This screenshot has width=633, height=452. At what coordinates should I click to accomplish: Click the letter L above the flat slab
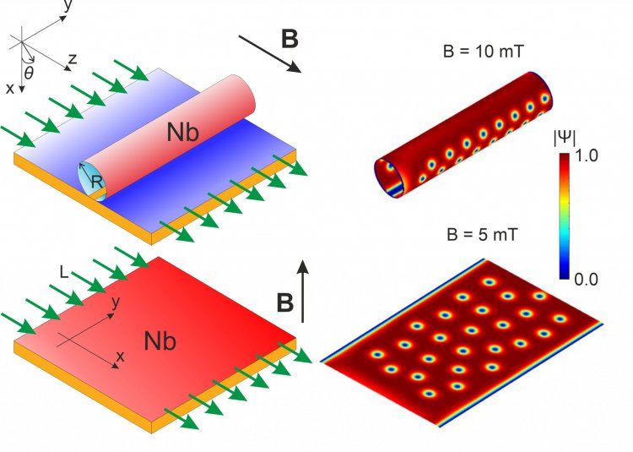click(x=64, y=273)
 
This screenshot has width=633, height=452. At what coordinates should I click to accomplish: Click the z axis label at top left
click(x=73, y=59)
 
